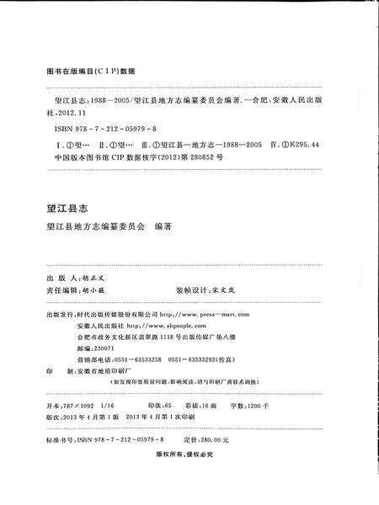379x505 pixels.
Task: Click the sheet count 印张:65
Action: (157, 405)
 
